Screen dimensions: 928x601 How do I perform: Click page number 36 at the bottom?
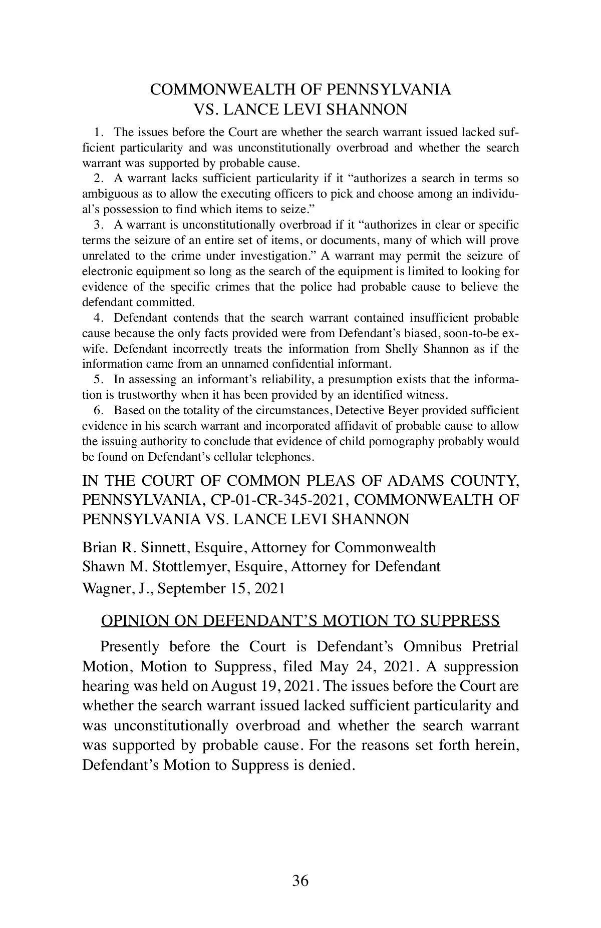coord(300,880)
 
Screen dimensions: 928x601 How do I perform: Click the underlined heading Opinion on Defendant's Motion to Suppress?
coord(300,621)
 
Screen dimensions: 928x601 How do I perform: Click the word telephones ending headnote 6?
coord(285,457)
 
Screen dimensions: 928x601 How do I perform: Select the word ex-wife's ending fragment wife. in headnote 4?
coord(93,349)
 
